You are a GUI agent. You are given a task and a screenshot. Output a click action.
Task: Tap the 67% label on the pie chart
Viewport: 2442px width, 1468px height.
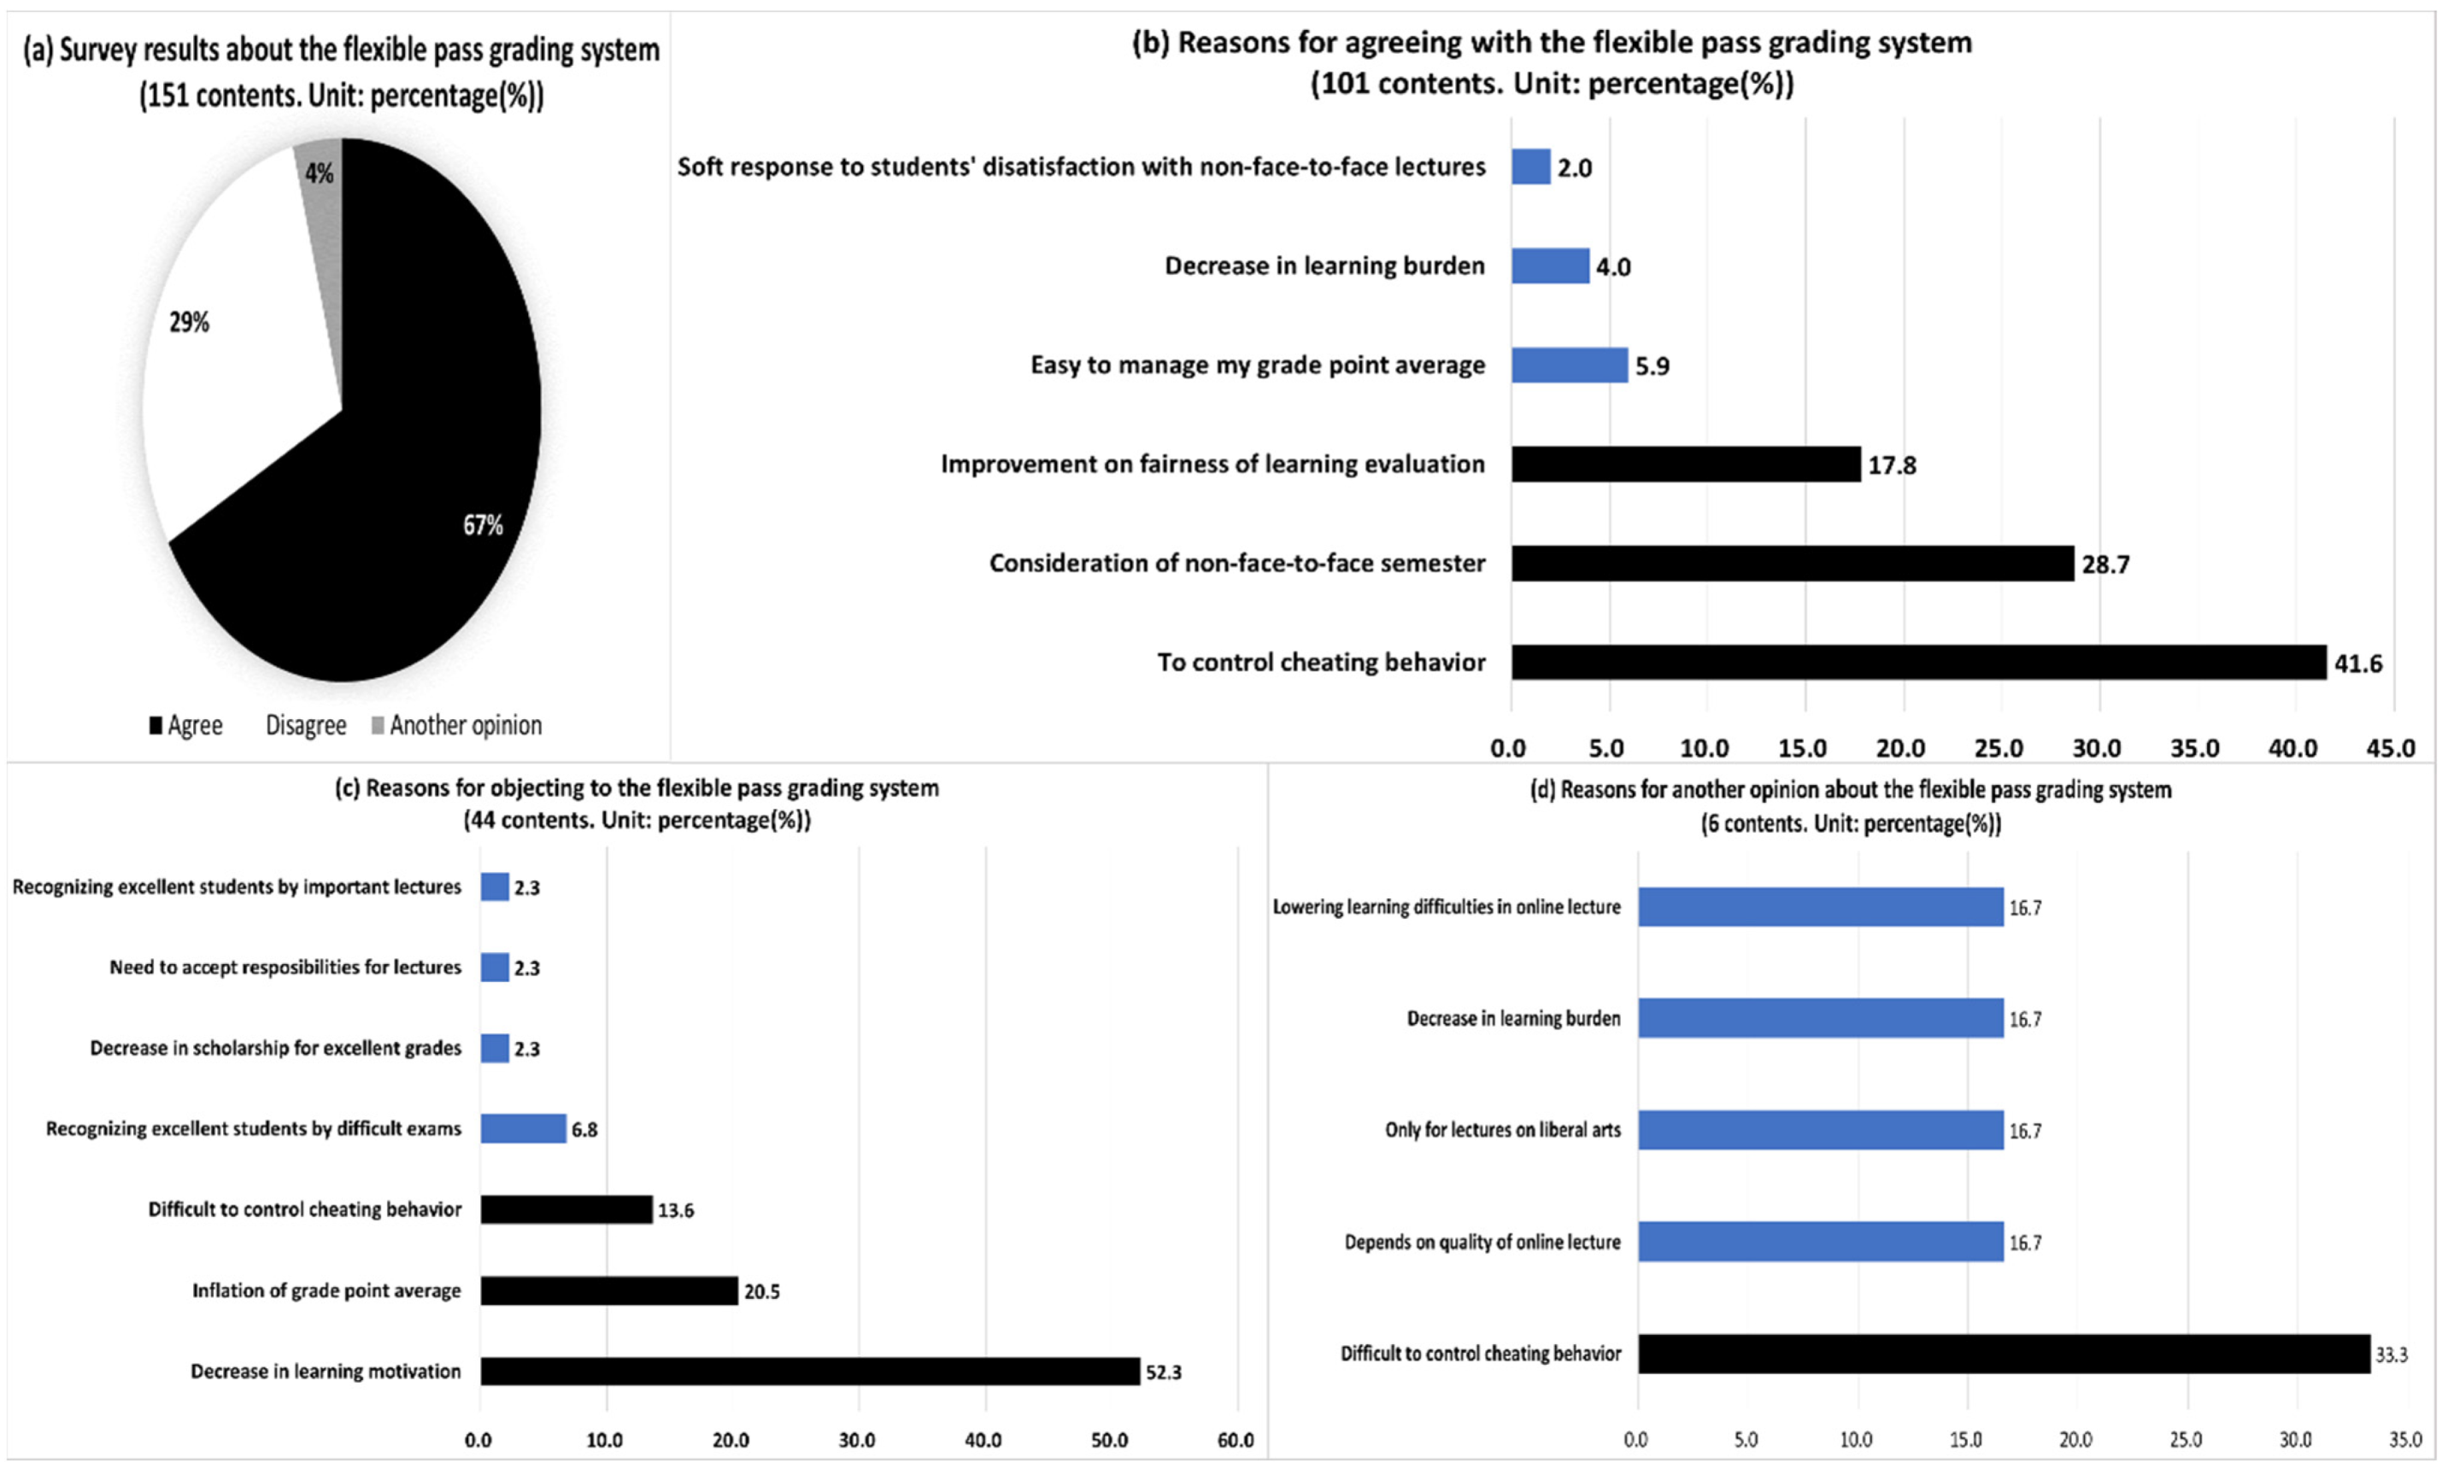point(483,524)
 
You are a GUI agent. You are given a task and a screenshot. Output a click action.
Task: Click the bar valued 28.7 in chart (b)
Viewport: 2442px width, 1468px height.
point(1792,563)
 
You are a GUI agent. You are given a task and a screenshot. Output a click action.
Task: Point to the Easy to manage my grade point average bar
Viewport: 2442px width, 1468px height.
point(1568,365)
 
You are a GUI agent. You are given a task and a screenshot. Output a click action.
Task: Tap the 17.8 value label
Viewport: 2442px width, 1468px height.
point(1891,465)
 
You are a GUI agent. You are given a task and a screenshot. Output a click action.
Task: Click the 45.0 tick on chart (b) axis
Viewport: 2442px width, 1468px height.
point(2391,748)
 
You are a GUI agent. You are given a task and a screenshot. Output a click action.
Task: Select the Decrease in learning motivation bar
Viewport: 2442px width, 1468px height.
point(809,1371)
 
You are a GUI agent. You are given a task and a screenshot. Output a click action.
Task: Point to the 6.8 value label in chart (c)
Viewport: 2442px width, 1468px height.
point(584,1130)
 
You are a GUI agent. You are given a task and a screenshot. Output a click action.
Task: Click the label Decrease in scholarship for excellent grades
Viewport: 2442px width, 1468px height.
point(275,1048)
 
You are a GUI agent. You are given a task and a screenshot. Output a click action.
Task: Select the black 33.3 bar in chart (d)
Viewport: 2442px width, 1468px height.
point(2003,1354)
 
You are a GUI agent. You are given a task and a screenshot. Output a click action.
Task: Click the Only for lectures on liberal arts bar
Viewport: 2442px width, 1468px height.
point(1820,1130)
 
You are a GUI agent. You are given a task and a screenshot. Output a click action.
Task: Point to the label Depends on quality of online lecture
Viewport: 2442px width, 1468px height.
point(1482,1242)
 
